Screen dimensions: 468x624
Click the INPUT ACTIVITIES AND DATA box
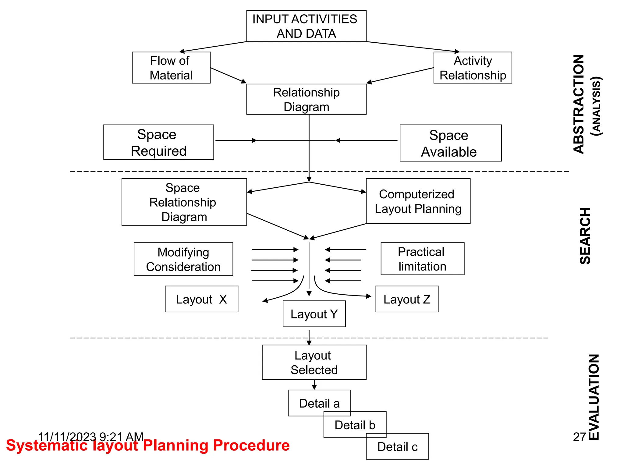(306, 26)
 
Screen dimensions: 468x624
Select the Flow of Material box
(171, 68)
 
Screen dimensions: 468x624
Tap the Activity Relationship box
(472, 68)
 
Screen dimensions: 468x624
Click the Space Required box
(158, 142)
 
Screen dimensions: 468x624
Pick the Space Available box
(450, 143)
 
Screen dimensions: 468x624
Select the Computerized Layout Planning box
(418, 201)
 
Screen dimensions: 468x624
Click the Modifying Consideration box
(183, 259)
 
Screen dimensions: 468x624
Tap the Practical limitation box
(422, 259)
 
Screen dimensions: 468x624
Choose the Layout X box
(201, 299)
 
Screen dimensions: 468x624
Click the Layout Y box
(314, 314)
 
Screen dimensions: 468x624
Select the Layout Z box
(406, 299)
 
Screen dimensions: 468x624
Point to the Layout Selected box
(314, 362)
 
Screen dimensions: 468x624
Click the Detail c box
(397, 446)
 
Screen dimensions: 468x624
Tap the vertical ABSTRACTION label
(579, 104)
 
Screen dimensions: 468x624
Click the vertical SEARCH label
(585, 236)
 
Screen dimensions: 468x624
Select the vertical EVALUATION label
(594, 397)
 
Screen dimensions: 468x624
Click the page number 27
(579, 437)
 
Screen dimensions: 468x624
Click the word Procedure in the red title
(251, 445)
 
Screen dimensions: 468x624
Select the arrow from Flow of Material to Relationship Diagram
(228, 75)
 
